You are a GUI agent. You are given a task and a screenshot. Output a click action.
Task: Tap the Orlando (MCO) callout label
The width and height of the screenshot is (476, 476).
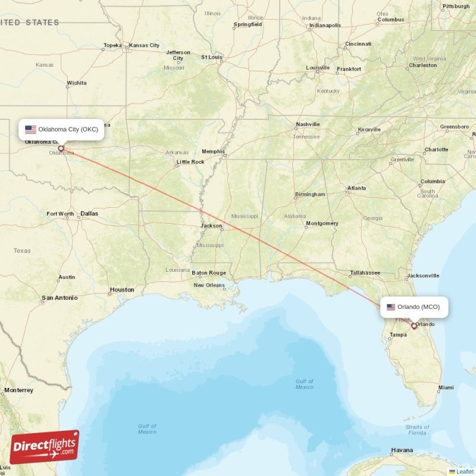click(x=414, y=307)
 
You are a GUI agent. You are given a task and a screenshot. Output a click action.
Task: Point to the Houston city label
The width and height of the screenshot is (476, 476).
click(x=122, y=290)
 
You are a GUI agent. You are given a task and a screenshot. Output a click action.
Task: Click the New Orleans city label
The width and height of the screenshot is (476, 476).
click(x=209, y=286)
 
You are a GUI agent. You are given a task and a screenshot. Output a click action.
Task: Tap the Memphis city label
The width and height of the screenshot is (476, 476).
click(x=213, y=152)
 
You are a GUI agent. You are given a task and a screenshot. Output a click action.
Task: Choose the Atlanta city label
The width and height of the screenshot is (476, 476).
click(x=357, y=189)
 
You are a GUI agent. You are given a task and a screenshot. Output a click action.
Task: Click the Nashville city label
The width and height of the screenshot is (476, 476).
click(x=308, y=125)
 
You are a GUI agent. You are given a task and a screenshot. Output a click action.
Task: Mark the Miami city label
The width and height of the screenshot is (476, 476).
click(x=446, y=388)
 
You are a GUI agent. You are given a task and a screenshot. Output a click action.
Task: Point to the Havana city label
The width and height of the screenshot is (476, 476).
click(x=402, y=450)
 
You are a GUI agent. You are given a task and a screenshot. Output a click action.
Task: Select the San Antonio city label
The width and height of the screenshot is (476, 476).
click(x=59, y=297)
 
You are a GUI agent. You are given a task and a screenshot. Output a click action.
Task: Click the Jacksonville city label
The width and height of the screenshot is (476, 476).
click(x=423, y=276)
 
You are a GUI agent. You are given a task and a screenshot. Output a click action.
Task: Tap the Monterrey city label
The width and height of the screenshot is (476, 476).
click(x=18, y=390)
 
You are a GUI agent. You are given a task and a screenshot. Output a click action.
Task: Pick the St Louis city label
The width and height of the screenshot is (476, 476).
click(x=212, y=57)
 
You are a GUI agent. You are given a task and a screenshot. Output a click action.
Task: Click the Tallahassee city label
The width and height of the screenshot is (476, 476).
click(x=365, y=273)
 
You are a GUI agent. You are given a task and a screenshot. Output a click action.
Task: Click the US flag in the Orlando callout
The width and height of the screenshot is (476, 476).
click(x=391, y=307)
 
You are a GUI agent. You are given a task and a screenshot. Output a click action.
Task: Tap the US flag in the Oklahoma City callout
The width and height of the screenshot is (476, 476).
click(x=31, y=130)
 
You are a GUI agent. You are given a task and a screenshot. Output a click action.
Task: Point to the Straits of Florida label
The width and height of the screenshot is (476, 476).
click(x=417, y=430)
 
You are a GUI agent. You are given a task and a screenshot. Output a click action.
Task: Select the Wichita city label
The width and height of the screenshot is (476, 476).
click(x=77, y=83)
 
